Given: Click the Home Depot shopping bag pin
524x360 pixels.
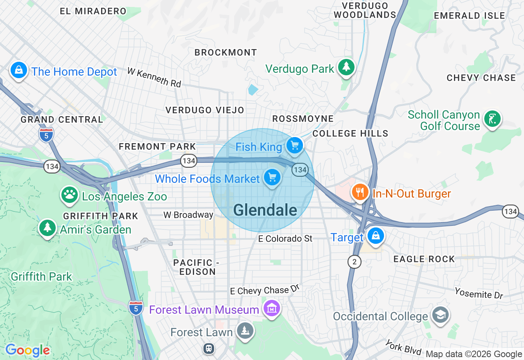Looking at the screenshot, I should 19,70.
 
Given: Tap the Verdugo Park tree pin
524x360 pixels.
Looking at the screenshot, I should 346,67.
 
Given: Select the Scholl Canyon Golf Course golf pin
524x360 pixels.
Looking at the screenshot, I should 492,119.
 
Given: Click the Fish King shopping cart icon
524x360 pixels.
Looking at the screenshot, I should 294,145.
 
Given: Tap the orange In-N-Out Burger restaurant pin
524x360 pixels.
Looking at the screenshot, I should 359,192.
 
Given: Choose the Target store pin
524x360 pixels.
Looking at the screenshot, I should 375,236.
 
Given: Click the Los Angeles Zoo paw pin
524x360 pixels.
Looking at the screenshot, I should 70,195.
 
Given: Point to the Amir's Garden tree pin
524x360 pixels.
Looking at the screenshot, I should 47,227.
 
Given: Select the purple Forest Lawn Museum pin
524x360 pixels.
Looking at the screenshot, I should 271,308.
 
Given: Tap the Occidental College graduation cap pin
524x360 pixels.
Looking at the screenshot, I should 440,315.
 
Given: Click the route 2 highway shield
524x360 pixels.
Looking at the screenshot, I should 355,262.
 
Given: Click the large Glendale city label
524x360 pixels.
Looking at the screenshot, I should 265,210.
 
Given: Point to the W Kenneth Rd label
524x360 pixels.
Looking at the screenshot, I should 154,77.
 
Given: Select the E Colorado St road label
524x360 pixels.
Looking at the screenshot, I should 285,239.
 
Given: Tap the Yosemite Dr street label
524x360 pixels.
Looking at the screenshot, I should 479,292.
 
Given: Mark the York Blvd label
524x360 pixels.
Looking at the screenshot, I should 404,347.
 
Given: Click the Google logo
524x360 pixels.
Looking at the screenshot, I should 27,350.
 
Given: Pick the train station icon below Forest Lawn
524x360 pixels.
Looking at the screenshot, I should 209,349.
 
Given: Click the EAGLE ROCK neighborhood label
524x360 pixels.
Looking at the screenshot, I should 424,259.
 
